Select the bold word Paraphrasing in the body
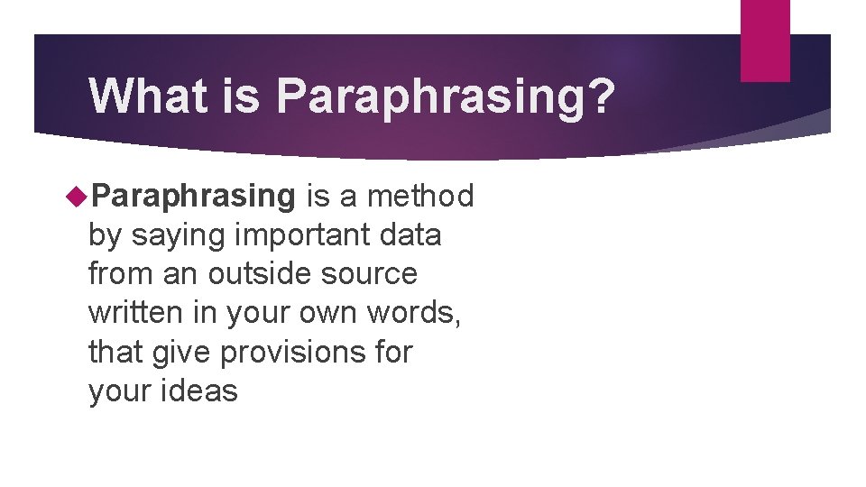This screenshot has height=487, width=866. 194,196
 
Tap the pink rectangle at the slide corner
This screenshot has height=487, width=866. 765,40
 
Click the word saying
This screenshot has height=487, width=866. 179,235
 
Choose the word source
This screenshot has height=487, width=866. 373,273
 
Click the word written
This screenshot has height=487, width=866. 130,312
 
